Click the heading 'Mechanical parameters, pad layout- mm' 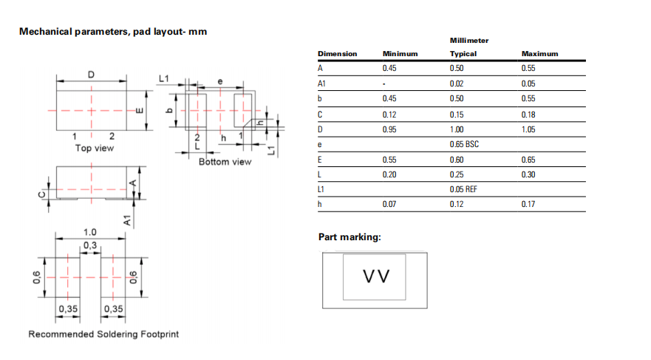tap(113, 32)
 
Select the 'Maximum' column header tap(539, 54)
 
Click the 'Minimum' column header tap(400, 54)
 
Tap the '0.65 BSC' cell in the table tap(464, 144)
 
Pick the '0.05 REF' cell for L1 tap(464, 189)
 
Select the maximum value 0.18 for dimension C tap(528, 114)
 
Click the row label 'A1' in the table tap(322, 84)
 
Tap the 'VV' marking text tap(376, 276)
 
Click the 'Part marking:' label tap(350, 237)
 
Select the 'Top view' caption tap(95, 148)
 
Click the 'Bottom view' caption tap(225, 161)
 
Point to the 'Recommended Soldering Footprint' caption tap(103, 334)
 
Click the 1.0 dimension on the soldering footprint tap(89, 232)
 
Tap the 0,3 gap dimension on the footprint tap(89, 245)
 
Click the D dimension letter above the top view tap(91, 74)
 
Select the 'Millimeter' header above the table tap(469, 40)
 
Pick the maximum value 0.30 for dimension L tap(528, 174)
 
